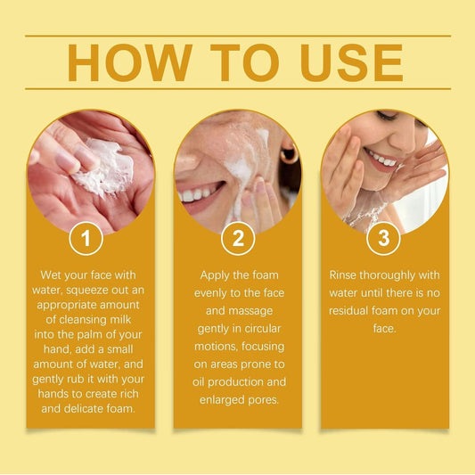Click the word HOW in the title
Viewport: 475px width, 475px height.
[129, 62]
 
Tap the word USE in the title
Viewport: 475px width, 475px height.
[351, 62]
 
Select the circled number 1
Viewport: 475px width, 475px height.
[86, 238]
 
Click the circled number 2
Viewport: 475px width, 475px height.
[238, 238]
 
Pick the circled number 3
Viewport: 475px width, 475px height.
[383, 238]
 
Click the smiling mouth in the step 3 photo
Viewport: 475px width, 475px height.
[381, 160]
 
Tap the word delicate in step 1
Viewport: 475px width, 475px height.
[82, 409]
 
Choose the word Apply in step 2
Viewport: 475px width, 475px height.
[213, 275]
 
